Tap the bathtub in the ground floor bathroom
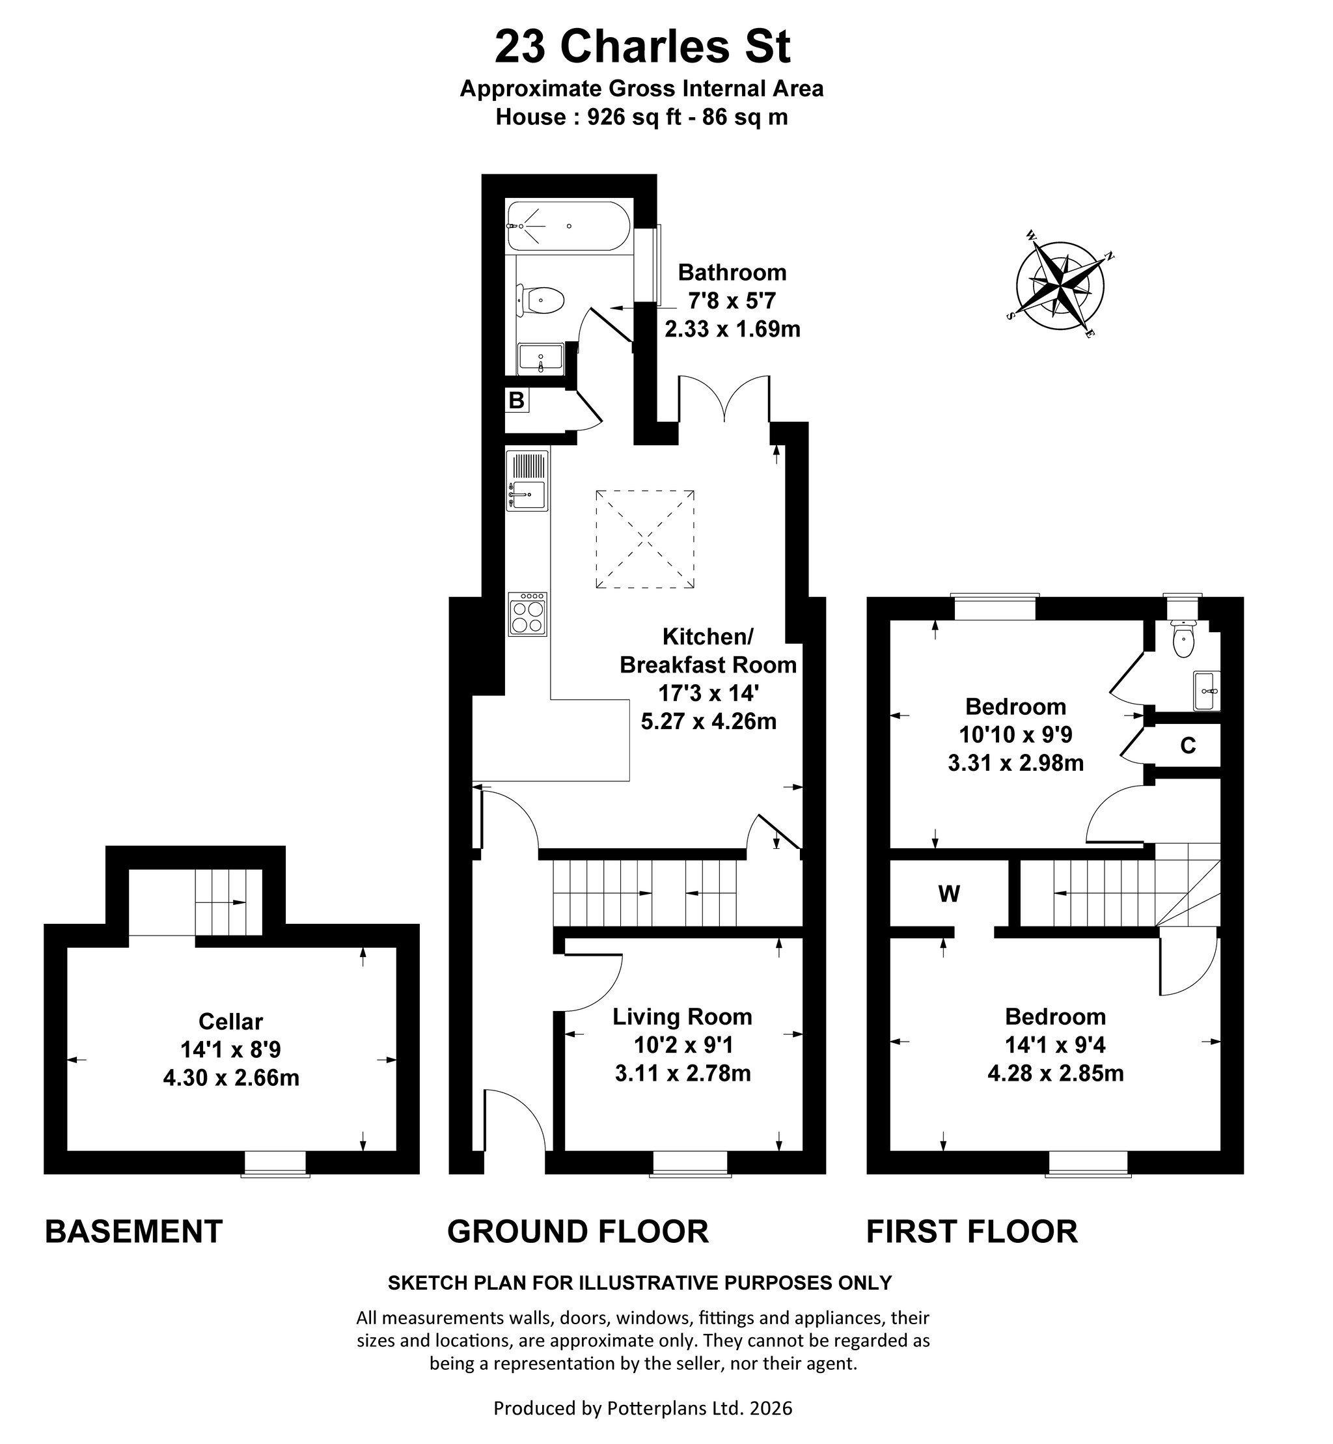pyautogui.click(x=569, y=226)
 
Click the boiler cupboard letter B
pyautogui.click(x=516, y=400)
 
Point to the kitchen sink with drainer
pyautogui.click(x=527, y=480)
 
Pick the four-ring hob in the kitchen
pyautogui.click(x=527, y=614)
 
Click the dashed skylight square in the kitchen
pyautogui.click(x=645, y=539)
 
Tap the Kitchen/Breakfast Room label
pyautogui.click(x=708, y=650)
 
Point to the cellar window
pyautogui.click(x=275, y=1163)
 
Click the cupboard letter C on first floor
pyautogui.click(x=1188, y=745)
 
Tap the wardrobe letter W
pyautogui.click(x=949, y=894)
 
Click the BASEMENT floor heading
pyautogui.click(x=133, y=1231)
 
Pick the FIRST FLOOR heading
pyautogui.click(x=972, y=1231)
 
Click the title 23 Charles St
pyautogui.click(x=642, y=47)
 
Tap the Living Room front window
pyautogui.click(x=689, y=1163)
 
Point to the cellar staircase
pyautogui.click(x=227, y=902)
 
